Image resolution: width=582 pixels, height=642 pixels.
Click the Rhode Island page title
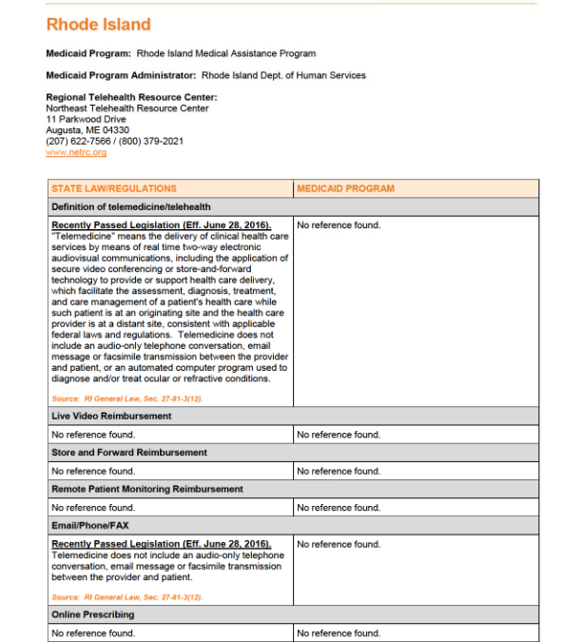tap(98, 24)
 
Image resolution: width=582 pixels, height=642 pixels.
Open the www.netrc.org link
tap(76, 152)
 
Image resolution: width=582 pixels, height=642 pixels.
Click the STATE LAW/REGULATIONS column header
tap(114, 188)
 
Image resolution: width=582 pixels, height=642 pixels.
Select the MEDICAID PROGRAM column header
tap(345, 188)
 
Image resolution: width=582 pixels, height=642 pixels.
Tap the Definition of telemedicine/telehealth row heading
tap(131, 206)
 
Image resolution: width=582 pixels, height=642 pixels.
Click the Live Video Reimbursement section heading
tap(111, 417)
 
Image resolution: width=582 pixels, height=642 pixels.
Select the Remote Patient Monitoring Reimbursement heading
tap(147, 489)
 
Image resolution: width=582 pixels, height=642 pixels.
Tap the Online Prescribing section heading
tap(93, 614)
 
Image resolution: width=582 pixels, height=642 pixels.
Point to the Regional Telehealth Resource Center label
tap(131, 97)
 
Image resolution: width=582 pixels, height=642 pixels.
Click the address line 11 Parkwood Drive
tap(86, 119)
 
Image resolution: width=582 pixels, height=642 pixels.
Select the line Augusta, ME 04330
tap(87, 130)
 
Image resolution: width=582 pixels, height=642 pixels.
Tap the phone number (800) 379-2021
tap(151, 142)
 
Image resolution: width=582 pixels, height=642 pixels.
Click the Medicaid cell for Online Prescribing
tap(339, 633)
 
